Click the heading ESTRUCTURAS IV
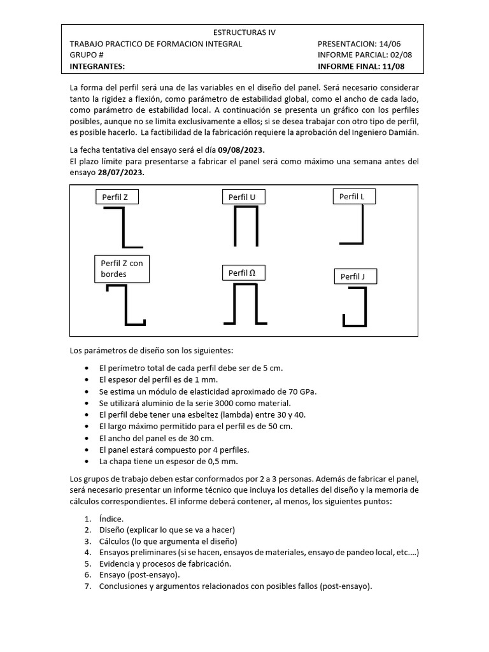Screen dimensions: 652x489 (x=244, y=32)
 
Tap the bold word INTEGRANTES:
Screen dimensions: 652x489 (x=97, y=66)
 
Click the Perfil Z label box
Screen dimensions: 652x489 (x=116, y=197)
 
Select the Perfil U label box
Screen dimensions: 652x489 (x=243, y=197)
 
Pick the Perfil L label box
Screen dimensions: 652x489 (x=353, y=197)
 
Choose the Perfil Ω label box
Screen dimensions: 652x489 (x=243, y=273)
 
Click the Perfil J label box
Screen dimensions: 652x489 (x=354, y=276)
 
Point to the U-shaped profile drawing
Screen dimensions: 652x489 (x=245, y=227)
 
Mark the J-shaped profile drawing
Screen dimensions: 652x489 (x=355, y=308)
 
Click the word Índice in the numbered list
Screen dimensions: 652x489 (x=112, y=519)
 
